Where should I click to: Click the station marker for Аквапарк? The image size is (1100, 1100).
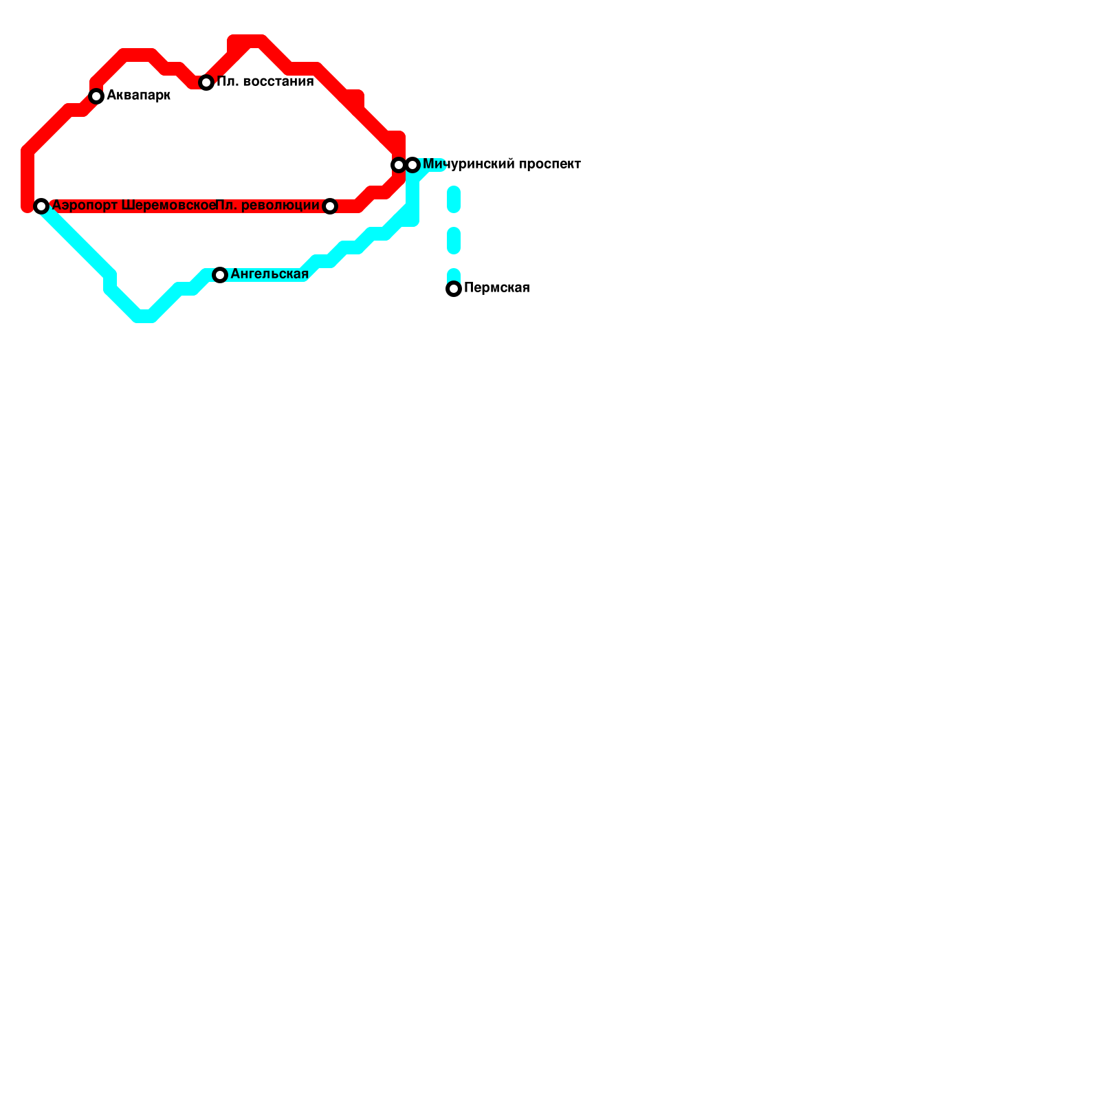point(96,96)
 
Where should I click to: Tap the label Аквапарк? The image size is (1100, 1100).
point(138,96)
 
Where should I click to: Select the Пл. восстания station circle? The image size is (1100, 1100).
point(206,82)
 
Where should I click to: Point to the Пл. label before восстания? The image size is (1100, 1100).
point(228,82)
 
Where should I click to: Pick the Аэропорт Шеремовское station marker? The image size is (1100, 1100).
point(41,206)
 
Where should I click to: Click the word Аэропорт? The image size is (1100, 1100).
point(85,206)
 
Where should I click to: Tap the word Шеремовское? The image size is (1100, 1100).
point(168,206)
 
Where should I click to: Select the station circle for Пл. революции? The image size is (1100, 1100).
point(330,206)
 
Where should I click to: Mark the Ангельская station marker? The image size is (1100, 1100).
point(220,275)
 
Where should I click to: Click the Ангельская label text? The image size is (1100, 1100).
point(269,274)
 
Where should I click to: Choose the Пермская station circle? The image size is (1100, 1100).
point(454,289)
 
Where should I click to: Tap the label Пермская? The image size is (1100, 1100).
point(496,288)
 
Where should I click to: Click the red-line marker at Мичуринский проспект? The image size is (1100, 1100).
point(399,165)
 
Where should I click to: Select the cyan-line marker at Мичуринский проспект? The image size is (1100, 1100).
point(412,165)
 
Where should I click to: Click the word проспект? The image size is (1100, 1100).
point(550,164)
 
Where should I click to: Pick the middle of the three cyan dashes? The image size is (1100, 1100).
point(454,241)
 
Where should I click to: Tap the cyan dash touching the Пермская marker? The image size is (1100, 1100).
point(454,276)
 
